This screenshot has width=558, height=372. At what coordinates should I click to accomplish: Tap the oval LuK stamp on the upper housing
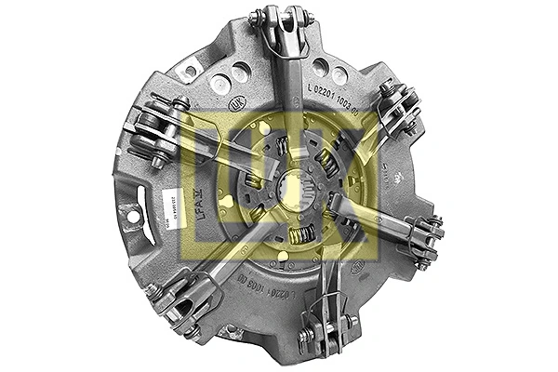[x=238, y=106]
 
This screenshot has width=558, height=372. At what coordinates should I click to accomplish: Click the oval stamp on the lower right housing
[x=356, y=267]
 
